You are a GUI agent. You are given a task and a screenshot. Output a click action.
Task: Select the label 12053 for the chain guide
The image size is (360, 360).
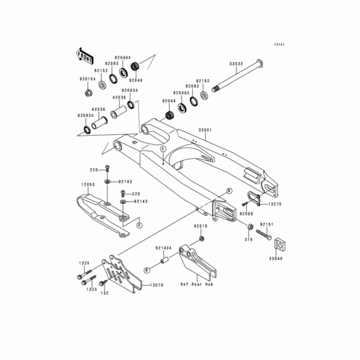88,185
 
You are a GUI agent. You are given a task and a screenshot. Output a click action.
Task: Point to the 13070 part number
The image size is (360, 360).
156,285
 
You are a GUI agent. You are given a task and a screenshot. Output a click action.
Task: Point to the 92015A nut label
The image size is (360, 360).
87,79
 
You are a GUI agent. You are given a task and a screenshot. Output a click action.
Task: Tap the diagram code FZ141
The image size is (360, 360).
280,45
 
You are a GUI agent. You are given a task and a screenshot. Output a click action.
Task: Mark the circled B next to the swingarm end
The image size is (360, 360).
229,191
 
